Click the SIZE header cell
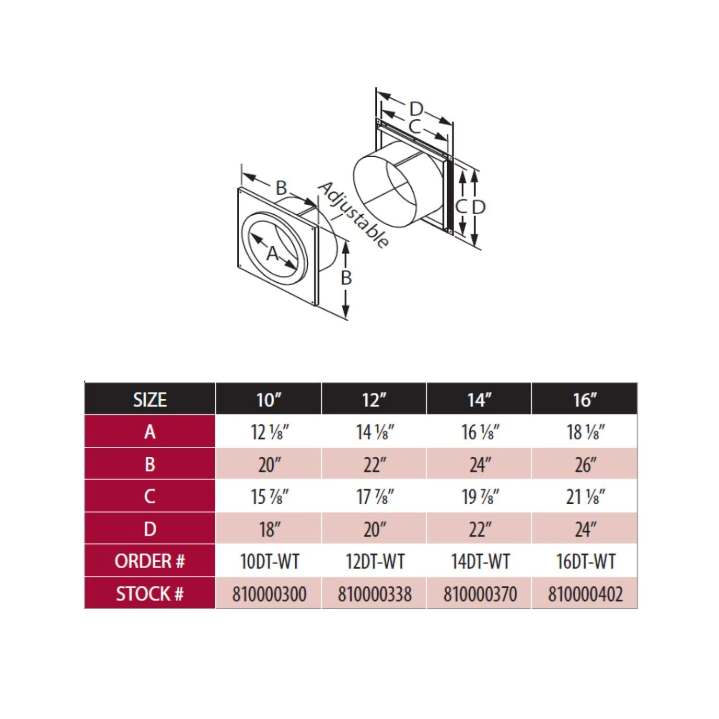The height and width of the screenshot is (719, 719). (x=150, y=399)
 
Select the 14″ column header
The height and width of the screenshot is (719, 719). (x=479, y=399)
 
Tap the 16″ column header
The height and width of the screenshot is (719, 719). (x=584, y=399)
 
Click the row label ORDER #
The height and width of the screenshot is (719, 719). (x=150, y=561)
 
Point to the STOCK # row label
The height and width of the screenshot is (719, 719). (x=150, y=593)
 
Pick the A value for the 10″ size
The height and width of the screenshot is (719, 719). (x=269, y=432)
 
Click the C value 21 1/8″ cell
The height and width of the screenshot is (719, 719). (x=585, y=497)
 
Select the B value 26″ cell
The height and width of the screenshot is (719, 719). (x=585, y=464)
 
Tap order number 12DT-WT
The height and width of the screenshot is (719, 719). (x=374, y=561)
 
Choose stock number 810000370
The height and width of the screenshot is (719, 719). (x=479, y=594)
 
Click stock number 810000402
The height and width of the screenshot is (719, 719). (x=585, y=594)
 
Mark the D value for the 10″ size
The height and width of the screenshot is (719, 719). (x=269, y=529)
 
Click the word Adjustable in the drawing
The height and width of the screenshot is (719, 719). (x=353, y=215)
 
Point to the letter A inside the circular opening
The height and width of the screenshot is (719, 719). (x=272, y=253)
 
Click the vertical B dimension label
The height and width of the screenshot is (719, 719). (x=346, y=278)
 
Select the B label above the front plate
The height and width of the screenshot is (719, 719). (x=281, y=188)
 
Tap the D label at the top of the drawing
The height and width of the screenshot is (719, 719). (x=416, y=109)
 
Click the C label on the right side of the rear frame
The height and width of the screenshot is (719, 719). (x=461, y=207)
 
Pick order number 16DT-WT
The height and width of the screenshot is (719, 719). (x=585, y=561)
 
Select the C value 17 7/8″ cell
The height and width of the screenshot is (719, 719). (x=374, y=497)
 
